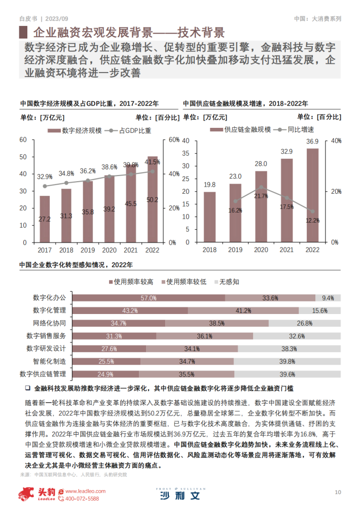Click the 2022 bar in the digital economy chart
[x=153, y=199]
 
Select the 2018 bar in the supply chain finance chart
[x=209, y=217]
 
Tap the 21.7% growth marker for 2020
[x=261, y=187]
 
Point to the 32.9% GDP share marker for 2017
[x=45, y=186]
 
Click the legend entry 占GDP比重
[x=128, y=131]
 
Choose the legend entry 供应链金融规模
[x=240, y=130]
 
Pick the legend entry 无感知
[x=227, y=282]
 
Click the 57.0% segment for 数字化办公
[x=149, y=298]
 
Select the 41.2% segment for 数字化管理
[x=243, y=310]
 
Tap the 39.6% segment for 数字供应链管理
[x=287, y=374]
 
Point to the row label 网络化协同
[x=49, y=323]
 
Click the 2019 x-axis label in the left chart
[x=88, y=250]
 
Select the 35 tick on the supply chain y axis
[x=186, y=154]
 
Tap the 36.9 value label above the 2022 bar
[x=312, y=142]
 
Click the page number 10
[x=338, y=492]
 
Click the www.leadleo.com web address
[x=85, y=491]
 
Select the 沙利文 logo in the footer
[x=181, y=494]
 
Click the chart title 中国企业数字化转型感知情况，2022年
[x=76, y=265]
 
